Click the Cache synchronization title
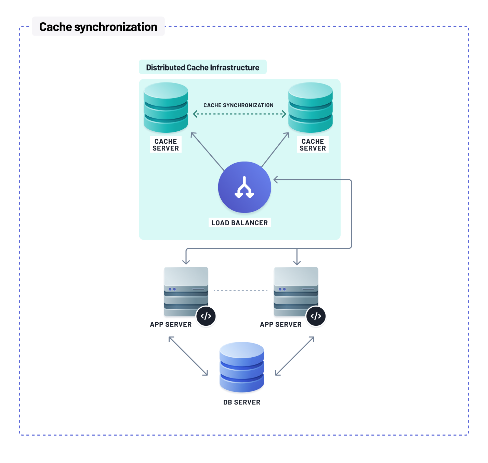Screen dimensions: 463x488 coord(98,27)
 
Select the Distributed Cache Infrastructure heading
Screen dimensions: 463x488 coord(202,67)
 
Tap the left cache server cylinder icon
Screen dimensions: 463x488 coord(166,107)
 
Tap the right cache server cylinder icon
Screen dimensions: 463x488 coord(311,107)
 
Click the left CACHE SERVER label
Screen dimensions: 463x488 coord(166,145)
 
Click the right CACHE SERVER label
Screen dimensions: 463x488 coord(313,145)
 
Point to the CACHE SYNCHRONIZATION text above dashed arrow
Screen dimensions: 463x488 coord(238,105)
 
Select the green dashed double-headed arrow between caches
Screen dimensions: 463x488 coord(239,114)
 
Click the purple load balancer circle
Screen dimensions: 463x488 coord(245,187)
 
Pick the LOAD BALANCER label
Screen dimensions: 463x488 coord(239,223)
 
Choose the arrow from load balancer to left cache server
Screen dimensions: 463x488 coord(207,151)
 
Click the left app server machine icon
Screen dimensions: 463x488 coord(186,291)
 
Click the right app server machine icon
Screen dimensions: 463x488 coord(296,291)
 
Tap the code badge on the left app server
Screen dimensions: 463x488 coord(206,316)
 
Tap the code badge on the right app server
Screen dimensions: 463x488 coord(316,316)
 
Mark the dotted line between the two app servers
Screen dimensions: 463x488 coord(241,291)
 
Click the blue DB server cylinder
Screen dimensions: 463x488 coord(242,367)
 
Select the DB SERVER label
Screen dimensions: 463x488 coord(242,402)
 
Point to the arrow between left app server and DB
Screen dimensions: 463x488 coord(188,356)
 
